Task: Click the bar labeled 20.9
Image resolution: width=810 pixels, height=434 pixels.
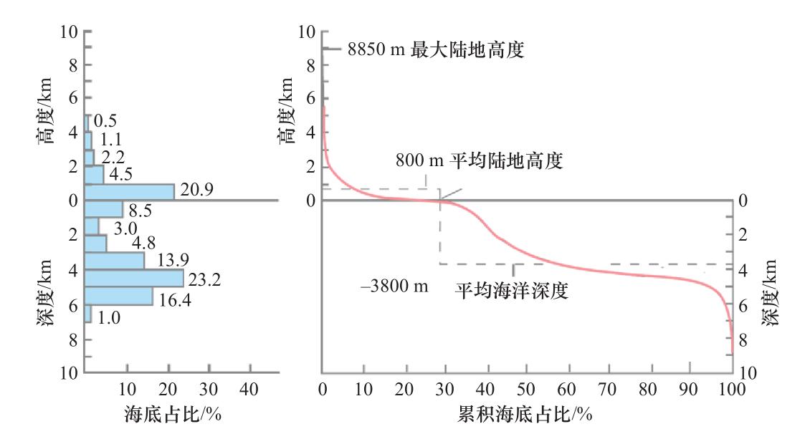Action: click(x=129, y=191)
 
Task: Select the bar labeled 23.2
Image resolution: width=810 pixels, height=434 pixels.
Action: click(x=134, y=278)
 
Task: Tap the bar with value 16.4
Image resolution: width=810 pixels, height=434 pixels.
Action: click(x=118, y=296)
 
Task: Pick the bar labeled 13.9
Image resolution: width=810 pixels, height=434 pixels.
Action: click(x=115, y=261)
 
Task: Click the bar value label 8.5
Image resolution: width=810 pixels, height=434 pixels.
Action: click(x=139, y=211)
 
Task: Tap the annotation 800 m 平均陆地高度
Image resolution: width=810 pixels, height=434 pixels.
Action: click(x=479, y=161)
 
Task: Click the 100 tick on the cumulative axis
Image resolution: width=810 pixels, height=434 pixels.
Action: click(x=731, y=390)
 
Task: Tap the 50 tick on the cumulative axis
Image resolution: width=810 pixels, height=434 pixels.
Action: click(x=527, y=390)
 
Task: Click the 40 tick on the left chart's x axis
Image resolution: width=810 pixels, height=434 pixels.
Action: click(x=249, y=390)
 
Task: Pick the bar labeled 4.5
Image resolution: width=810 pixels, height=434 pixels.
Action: click(x=94, y=174)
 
